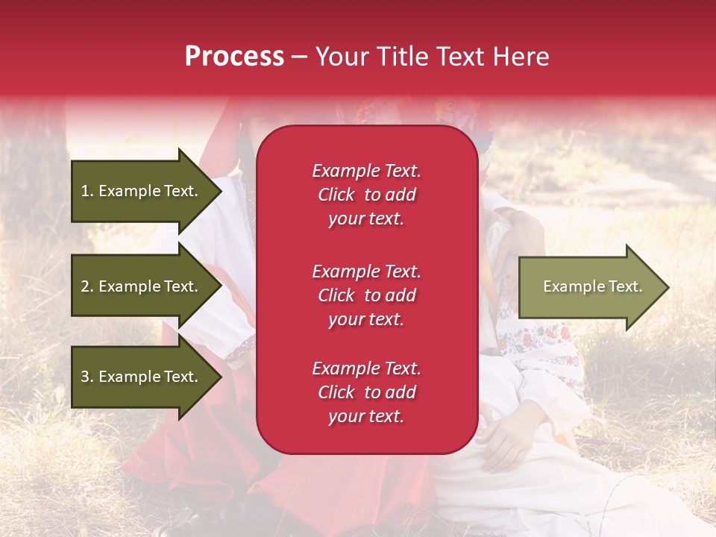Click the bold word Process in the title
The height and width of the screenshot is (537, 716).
234,57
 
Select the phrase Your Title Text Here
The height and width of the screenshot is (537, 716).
432,57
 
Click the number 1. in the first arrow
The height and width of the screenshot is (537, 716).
87,191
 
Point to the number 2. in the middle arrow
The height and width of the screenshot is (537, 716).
87,286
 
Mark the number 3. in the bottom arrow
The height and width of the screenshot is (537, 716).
87,377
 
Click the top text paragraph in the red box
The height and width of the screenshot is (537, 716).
366,195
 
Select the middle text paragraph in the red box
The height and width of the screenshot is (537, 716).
366,295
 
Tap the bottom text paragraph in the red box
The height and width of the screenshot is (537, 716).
366,392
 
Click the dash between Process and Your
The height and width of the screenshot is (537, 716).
299,57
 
